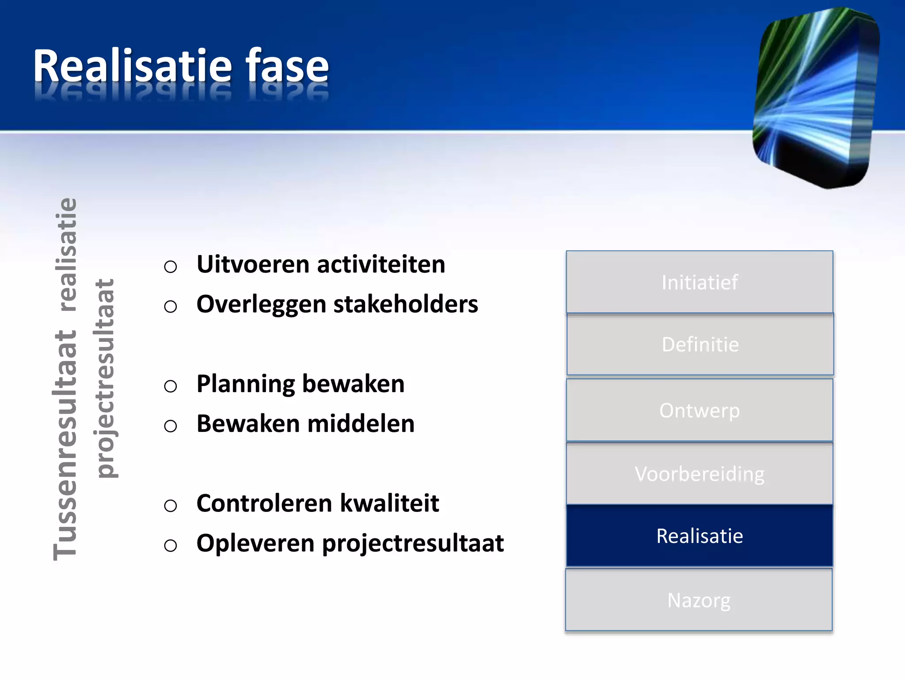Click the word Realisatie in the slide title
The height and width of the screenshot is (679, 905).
pyautogui.click(x=133, y=66)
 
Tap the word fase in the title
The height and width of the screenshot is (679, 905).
pyautogui.click(x=287, y=66)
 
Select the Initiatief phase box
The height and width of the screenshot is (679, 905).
pyautogui.click(x=700, y=282)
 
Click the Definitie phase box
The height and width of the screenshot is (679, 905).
pyautogui.click(x=700, y=344)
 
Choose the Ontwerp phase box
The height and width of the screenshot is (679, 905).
pyautogui.click(x=700, y=410)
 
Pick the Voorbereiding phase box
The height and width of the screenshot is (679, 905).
pyautogui.click(x=700, y=474)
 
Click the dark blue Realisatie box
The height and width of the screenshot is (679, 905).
pyautogui.click(x=700, y=536)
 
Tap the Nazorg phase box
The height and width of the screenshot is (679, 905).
pyautogui.click(x=699, y=600)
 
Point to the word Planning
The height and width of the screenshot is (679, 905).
pyautogui.click(x=246, y=384)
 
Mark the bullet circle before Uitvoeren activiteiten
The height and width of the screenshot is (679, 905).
pyautogui.click(x=171, y=267)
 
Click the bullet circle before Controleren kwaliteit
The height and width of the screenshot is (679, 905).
pyautogui.click(x=171, y=505)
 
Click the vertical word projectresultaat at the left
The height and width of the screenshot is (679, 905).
pyautogui.click(x=105, y=378)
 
